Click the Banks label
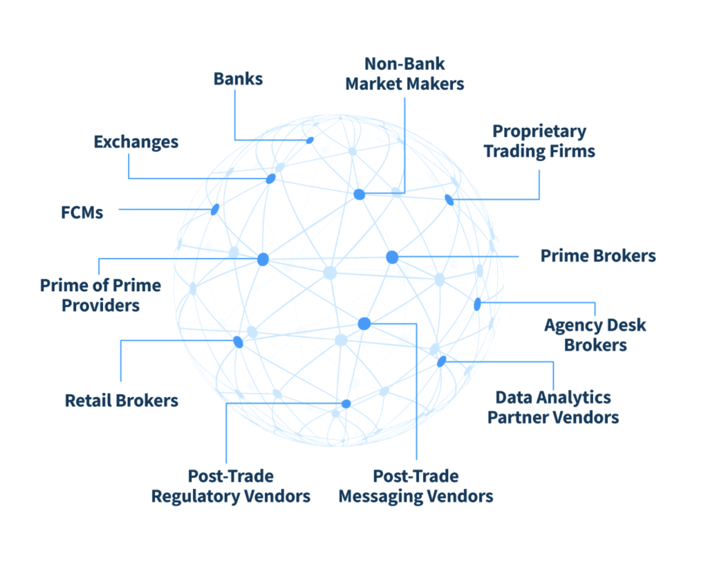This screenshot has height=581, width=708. point(238,79)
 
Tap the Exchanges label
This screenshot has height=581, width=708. point(136,142)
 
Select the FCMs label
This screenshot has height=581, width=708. point(82,212)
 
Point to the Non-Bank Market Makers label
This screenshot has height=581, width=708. point(404,74)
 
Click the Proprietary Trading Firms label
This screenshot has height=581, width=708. point(539,141)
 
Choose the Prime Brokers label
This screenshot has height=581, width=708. point(598,256)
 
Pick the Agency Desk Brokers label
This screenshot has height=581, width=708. point(595,335)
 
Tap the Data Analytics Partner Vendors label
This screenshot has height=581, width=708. point(553,407)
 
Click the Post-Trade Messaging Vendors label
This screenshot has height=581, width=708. point(416,486)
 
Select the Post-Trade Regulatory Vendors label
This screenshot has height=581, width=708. point(231,486)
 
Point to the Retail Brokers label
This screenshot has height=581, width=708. point(122,400)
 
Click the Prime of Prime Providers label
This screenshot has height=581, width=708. point(100,295)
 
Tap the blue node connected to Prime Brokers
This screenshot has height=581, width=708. point(392,257)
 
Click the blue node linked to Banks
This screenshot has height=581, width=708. point(310,140)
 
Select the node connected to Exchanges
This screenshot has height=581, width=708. point(271,179)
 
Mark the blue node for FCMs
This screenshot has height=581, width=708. point(215,209)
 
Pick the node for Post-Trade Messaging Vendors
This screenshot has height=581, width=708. point(364,323)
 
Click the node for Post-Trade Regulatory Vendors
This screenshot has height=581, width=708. point(346,404)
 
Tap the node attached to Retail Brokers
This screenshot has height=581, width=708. point(239,342)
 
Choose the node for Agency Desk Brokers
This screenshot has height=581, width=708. point(477,304)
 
